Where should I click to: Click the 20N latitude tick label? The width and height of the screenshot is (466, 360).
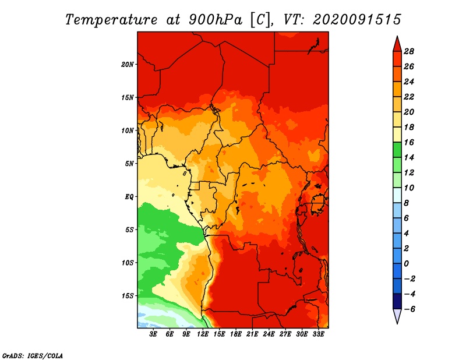127,65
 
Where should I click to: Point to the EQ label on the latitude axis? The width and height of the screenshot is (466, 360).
129,197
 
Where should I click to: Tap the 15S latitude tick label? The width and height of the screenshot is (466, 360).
127,296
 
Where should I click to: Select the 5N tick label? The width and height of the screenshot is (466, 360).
129,164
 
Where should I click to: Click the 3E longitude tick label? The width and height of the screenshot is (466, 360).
153,334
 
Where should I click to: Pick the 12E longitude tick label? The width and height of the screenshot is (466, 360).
203,334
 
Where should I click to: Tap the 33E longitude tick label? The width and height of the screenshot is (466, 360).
318,334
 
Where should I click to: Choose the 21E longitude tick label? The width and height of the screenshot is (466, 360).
252,334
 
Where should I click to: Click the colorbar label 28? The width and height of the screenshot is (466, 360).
409,51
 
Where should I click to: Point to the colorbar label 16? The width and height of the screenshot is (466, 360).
409,142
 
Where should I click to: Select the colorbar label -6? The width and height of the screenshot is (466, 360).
409,309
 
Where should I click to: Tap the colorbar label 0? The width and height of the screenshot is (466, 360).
406,264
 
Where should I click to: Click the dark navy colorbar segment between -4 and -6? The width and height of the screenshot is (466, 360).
397,301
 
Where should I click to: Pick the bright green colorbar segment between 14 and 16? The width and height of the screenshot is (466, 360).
397,150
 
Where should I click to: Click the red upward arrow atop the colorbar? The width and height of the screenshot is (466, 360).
397,45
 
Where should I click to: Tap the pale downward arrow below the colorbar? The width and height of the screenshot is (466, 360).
397,316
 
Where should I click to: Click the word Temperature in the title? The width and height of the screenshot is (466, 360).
111,20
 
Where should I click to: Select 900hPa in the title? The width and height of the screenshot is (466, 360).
216,20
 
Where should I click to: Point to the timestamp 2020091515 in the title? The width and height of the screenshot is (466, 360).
357,20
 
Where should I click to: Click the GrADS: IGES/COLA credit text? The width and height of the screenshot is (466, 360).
33,356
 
